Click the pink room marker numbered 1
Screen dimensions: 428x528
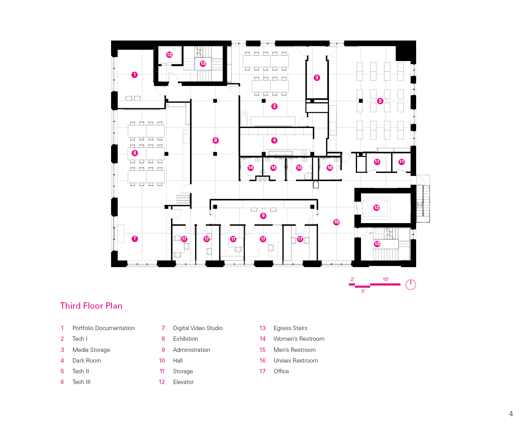point(134,75)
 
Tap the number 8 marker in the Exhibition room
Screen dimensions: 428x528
point(215,140)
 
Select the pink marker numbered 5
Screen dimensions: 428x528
point(380,101)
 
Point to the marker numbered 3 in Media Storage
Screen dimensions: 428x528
point(317,78)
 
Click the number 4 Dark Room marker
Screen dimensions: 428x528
point(274,140)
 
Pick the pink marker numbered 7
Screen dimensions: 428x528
point(135,239)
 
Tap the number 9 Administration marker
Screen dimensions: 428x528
point(263,216)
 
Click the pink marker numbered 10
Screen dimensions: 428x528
point(336,222)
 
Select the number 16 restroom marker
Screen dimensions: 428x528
point(330,168)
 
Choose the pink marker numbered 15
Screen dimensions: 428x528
point(300,168)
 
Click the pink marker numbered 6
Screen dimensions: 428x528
point(135,153)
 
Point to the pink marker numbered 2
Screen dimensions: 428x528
point(274,106)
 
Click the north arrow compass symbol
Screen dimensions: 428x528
point(411,285)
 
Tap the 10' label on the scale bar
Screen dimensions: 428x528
point(386,279)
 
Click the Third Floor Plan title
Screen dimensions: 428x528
point(91,306)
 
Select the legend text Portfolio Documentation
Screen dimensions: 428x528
point(104,328)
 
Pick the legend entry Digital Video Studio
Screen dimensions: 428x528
point(198,328)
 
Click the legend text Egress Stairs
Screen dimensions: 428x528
point(290,328)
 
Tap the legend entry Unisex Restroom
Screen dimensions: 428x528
point(296,361)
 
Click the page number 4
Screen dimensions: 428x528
point(511,414)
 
